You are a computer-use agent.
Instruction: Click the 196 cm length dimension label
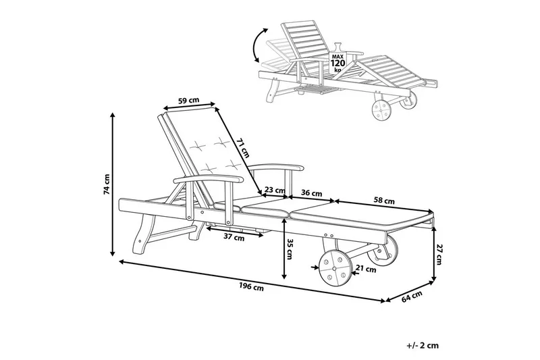tap(251, 286)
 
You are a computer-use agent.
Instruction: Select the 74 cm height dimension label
tap(107, 184)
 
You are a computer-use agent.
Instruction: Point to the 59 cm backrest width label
tap(188, 101)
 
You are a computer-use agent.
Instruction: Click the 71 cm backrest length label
tap(242, 148)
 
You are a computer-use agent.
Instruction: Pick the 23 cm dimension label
tap(275, 190)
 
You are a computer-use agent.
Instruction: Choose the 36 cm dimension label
tap(312, 193)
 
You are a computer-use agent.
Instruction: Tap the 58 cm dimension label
tap(384, 200)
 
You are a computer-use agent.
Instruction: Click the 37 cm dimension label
tap(234, 237)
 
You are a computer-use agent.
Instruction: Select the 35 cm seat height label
tap(290, 249)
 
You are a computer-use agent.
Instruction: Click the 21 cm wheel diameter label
tap(366, 269)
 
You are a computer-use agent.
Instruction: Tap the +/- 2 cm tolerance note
tap(423, 345)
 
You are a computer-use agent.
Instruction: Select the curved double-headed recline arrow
tap(260, 45)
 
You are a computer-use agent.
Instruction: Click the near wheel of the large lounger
tap(335, 268)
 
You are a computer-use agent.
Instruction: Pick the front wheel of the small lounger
tap(382, 110)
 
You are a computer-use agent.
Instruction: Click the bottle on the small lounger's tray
tap(337, 47)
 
